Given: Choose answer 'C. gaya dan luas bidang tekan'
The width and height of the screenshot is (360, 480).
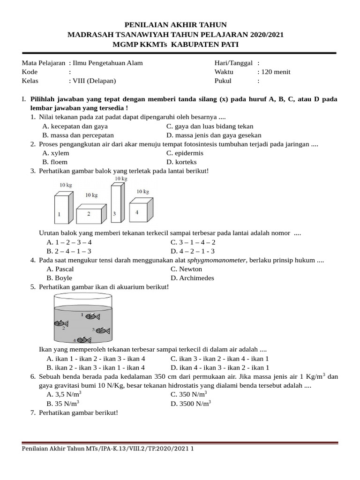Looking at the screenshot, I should pyautogui.click(x=210, y=126).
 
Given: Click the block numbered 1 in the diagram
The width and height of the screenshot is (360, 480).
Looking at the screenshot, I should pyautogui.click(x=61, y=210).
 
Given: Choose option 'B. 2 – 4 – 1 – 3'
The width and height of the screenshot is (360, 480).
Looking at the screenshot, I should pyautogui.click(x=65, y=251).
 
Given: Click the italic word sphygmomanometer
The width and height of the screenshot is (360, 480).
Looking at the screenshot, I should pyautogui.click(x=217, y=260).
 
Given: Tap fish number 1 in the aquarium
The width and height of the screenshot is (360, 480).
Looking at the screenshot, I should pyautogui.click(x=92, y=316).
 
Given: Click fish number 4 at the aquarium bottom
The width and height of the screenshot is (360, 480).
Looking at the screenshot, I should pyautogui.click(x=83, y=339).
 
